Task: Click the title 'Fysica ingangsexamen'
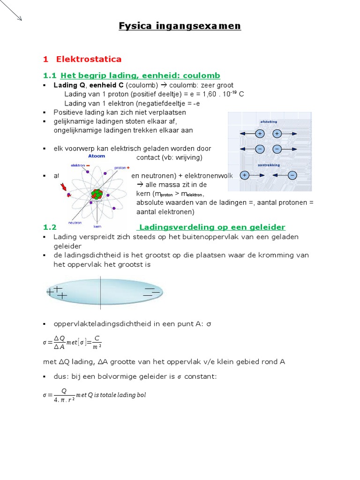(x=180, y=26)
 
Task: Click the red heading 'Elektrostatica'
(x=89, y=59)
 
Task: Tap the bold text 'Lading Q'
(x=69, y=85)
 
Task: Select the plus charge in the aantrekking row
(x=244, y=175)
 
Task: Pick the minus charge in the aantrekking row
(x=292, y=175)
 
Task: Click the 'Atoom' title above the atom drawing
(x=97, y=156)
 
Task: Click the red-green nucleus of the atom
(x=97, y=194)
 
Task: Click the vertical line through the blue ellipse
(x=100, y=292)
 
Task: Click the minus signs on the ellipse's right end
(x=151, y=292)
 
